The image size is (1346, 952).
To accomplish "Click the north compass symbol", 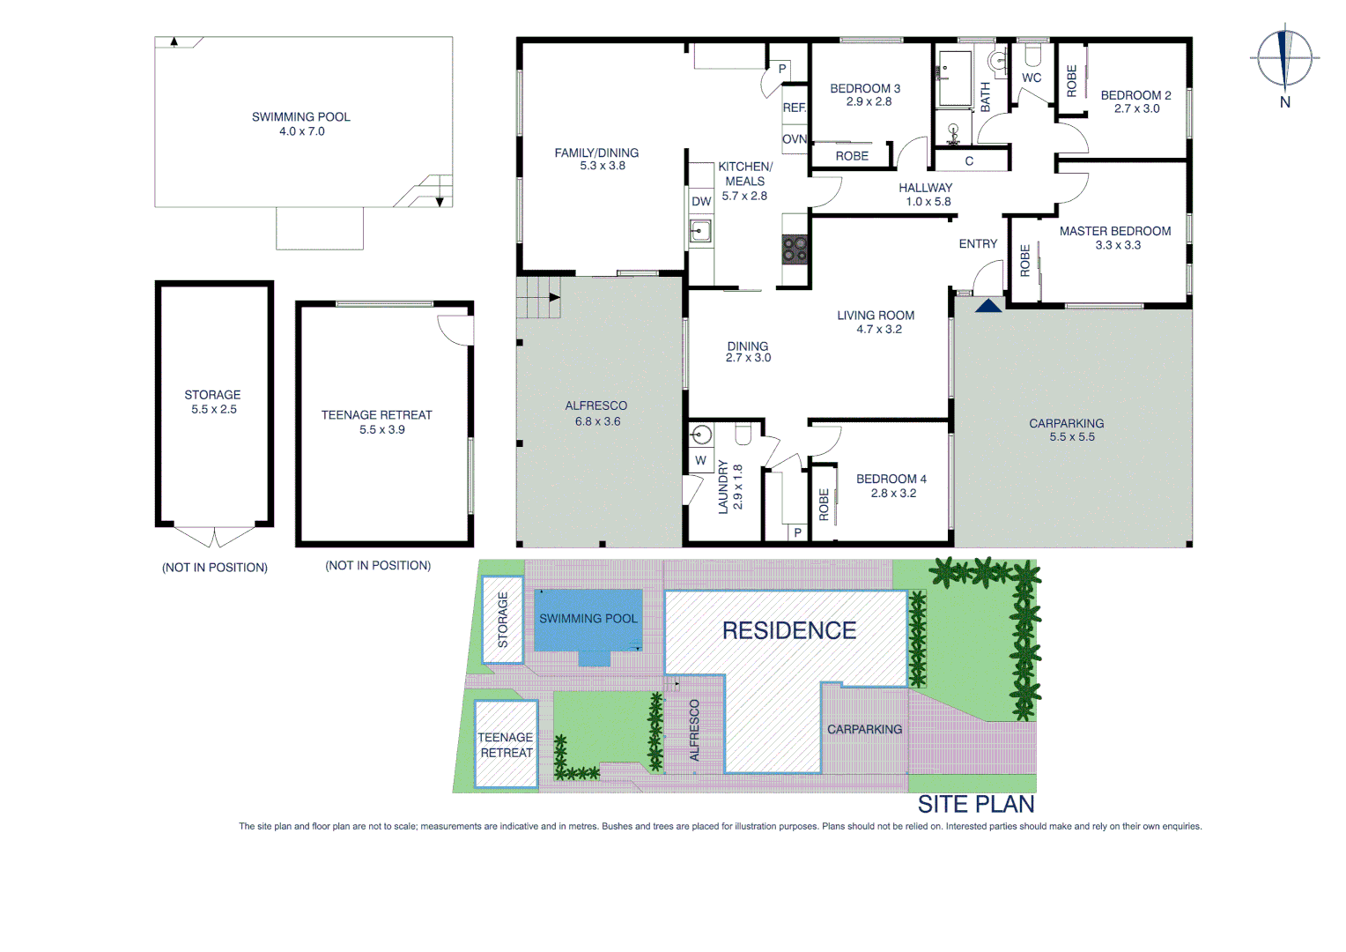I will [1284, 59].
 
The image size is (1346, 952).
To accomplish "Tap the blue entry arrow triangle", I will [988, 306].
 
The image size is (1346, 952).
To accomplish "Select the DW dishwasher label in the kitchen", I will [701, 201].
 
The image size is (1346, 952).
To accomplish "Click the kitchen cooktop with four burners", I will [795, 249].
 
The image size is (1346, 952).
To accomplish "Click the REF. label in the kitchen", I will [795, 108].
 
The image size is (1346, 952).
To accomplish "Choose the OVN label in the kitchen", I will [795, 139].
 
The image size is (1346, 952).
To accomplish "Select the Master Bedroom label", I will [1115, 231].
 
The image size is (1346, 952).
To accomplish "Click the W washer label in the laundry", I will [701, 460].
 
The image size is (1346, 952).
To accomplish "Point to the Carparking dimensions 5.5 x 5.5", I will [1072, 437].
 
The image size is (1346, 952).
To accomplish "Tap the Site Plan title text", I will [976, 804].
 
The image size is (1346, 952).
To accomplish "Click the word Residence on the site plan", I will [789, 630].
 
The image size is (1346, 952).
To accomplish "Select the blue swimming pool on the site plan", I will [588, 621].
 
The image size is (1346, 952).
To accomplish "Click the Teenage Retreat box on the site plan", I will [506, 745].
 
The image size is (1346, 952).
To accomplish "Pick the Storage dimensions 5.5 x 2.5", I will [214, 410].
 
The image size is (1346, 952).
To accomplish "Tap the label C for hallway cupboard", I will [969, 161].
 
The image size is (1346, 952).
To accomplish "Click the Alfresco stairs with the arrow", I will [538, 297].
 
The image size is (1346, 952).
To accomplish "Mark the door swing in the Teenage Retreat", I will [456, 330].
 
